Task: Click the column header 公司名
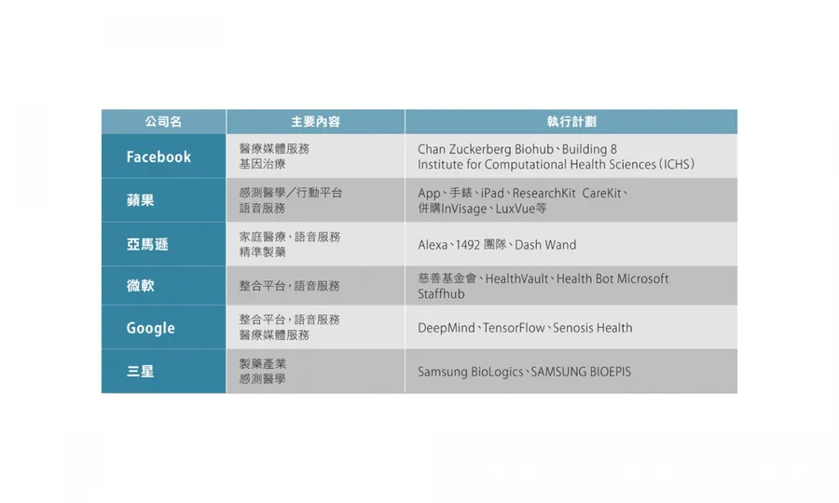pos(163,122)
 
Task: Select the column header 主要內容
pos(316,122)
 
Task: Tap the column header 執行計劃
pos(571,122)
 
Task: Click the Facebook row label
pos(158,156)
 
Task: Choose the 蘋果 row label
pos(140,200)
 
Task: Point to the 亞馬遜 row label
pos(147,244)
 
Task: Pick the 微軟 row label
pos(140,285)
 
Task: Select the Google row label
pos(150,328)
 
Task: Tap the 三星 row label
pos(140,371)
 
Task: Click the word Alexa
pos(433,245)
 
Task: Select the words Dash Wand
pos(545,245)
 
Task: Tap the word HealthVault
pos(516,279)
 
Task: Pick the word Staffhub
pos(441,294)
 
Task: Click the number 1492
pos(467,245)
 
